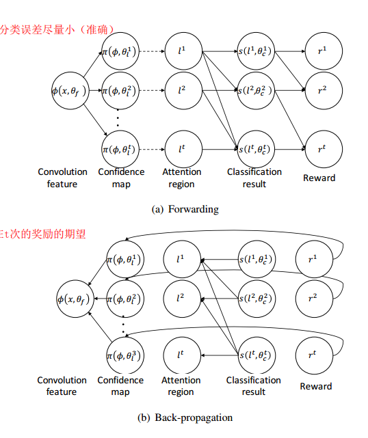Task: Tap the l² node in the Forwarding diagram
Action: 181,90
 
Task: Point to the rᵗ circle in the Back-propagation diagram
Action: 313,355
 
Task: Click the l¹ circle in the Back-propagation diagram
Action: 181,260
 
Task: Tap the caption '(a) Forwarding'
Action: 185,209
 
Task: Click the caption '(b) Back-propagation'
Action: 185,417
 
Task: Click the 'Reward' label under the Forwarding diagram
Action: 319,178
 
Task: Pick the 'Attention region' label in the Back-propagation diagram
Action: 181,386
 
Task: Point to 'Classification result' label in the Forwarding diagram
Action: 254,178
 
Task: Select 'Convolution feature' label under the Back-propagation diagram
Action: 62,386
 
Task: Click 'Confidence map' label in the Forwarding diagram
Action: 121,178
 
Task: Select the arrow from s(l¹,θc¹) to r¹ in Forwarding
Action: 288,52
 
